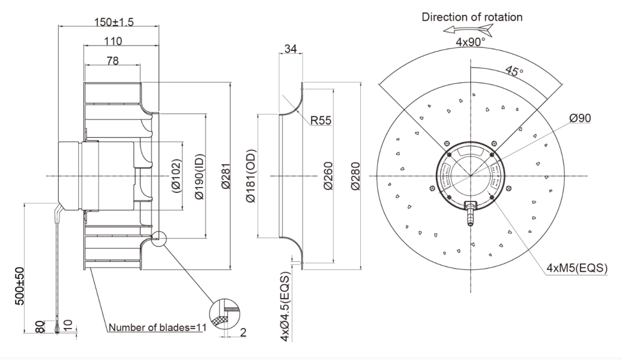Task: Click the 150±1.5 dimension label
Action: pyautogui.click(x=114, y=22)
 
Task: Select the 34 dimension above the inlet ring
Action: pyautogui.click(x=290, y=49)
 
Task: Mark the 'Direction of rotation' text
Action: pyautogui.click(x=472, y=17)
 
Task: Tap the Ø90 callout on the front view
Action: pyautogui.click(x=581, y=118)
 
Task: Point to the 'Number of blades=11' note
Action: pyautogui.click(x=156, y=327)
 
